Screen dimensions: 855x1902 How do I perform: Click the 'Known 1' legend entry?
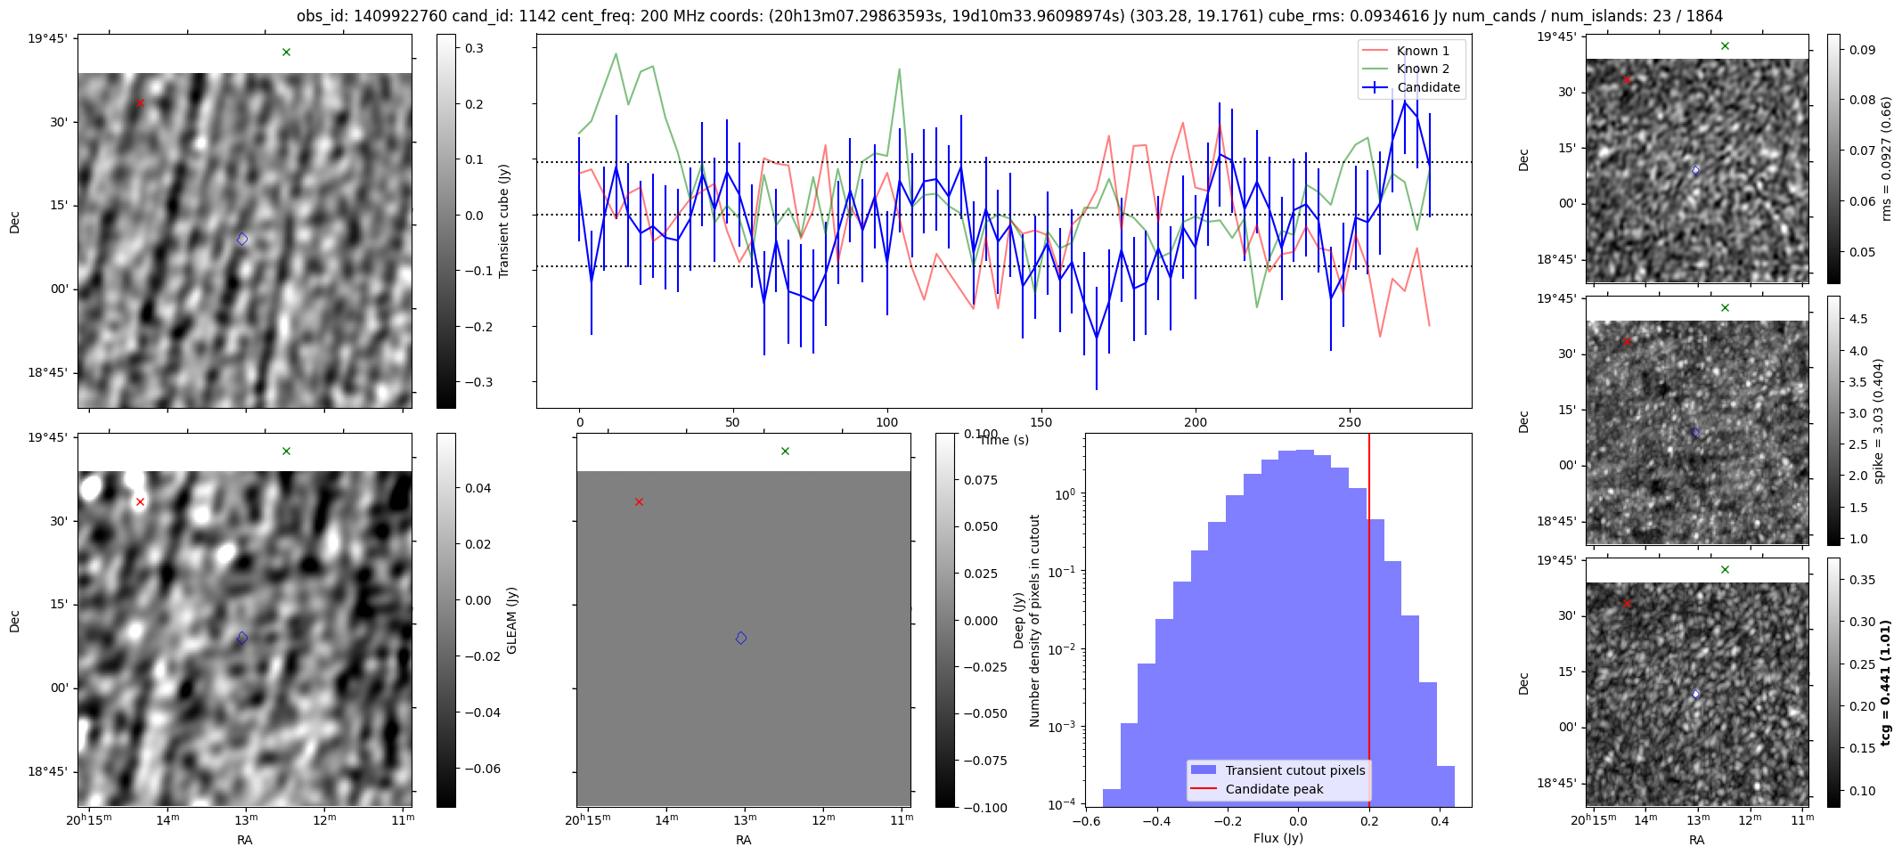[1422, 51]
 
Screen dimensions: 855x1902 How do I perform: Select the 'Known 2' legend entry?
[1422, 69]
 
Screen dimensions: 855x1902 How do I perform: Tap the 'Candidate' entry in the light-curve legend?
[1428, 87]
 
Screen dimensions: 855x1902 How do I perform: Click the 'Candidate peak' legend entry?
[1274, 789]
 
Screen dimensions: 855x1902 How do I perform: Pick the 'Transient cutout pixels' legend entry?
[1294, 770]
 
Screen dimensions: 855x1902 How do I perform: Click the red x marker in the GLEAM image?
[140, 502]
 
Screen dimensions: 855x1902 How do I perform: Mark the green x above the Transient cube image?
[286, 53]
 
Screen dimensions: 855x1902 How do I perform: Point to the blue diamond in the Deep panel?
[741, 638]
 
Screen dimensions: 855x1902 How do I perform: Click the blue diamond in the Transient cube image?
[242, 239]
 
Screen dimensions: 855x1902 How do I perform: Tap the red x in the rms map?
[1627, 80]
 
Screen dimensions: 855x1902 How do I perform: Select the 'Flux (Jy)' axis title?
[1278, 838]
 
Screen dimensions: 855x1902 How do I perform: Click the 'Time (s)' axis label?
[1004, 440]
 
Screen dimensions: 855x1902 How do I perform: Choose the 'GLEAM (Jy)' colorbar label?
[512, 620]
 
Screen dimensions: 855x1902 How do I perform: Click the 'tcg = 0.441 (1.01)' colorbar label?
[1885, 683]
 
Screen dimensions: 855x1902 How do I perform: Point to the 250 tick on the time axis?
[1350, 422]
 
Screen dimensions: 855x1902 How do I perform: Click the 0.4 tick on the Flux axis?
[1440, 821]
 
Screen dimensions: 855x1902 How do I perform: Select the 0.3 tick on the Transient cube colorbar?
[474, 48]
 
